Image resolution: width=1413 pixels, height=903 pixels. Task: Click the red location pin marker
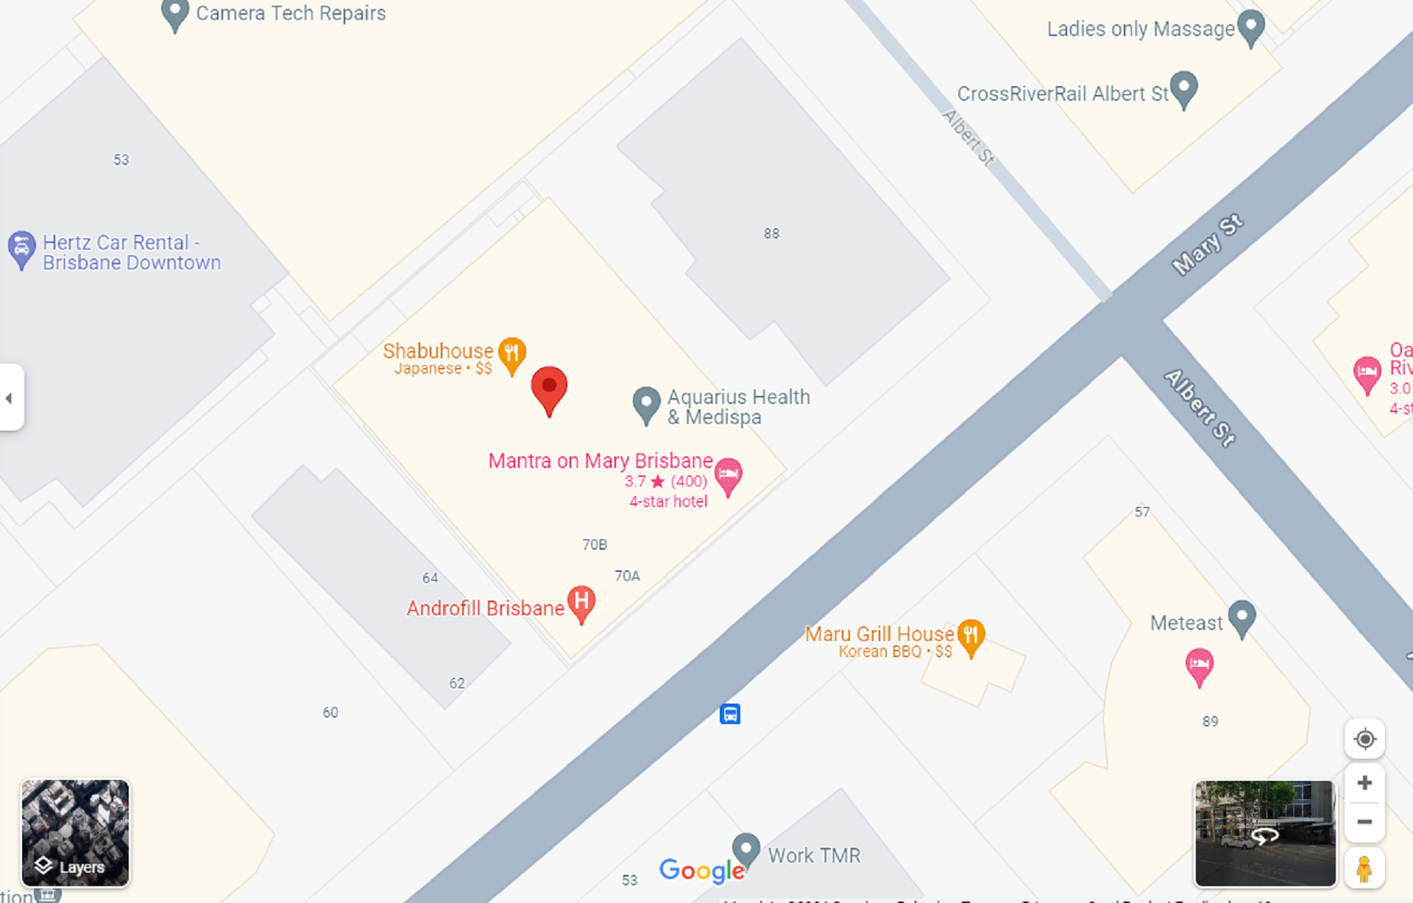tap(549, 389)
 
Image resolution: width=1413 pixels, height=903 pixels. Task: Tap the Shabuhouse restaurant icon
tap(512, 353)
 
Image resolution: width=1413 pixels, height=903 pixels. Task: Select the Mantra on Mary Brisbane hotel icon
tap(728, 475)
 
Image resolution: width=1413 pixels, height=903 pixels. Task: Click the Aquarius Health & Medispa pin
tap(646, 403)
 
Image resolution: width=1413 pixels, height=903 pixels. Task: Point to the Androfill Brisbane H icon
tap(581, 603)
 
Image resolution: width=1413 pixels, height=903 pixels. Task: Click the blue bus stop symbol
tap(730, 714)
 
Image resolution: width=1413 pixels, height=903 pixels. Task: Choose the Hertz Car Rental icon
tap(21, 248)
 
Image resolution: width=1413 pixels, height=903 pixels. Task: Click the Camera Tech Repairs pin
tap(175, 13)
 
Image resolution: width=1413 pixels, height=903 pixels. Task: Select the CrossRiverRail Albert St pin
tap(1183, 88)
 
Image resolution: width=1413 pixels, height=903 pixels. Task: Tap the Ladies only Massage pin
tap(1250, 26)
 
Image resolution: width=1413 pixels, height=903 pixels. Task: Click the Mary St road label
tap(1207, 245)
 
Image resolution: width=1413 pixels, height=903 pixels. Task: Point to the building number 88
tap(771, 234)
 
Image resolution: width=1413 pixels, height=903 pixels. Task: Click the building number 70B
tap(595, 545)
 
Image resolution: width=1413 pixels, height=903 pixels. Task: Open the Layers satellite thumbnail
tap(75, 832)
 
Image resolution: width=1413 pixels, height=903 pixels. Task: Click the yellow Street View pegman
tap(1364, 868)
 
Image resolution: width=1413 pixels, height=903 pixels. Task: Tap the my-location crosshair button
tap(1364, 739)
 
